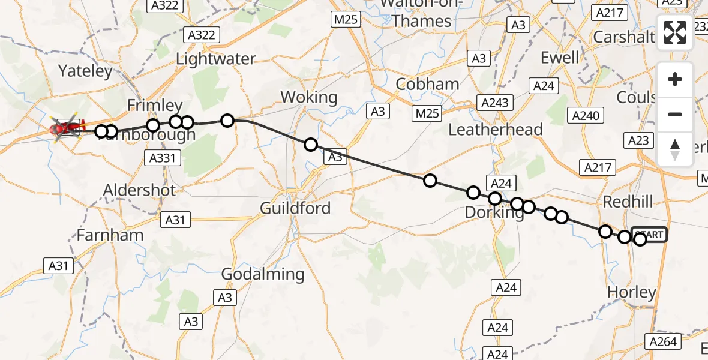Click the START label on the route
(x=650, y=235)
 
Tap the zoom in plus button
(x=675, y=79)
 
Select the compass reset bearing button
(x=675, y=149)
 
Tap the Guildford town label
(x=295, y=208)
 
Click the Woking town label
(x=309, y=97)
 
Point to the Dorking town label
(x=494, y=212)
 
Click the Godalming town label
(x=263, y=274)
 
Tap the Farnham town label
(x=110, y=235)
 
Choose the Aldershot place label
(x=140, y=190)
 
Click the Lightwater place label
(x=215, y=59)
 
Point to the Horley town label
(x=632, y=292)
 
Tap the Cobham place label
(x=428, y=84)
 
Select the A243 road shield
(x=494, y=103)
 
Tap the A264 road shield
(x=663, y=341)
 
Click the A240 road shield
(x=586, y=116)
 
